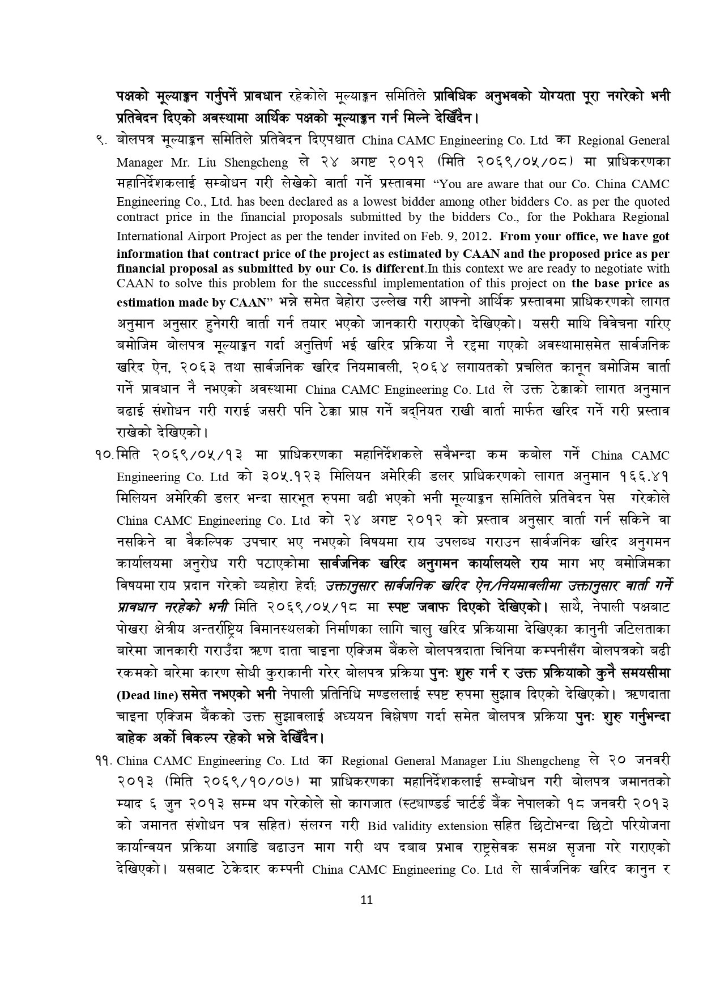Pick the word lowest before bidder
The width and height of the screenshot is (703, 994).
[374, 202]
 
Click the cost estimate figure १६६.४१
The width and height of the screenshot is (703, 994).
[645, 477]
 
